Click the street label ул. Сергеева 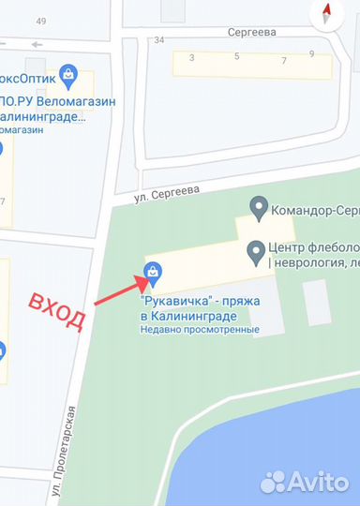pyautogui.click(x=166, y=190)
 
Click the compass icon pyautogui.click(x=328, y=14)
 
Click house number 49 pyautogui.click(x=40, y=21)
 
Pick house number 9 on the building pyautogui.click(x=311, y=54)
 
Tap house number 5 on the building pyautogui.click(x=236, y=57)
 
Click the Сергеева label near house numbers pyautogui.click(x=250, y=32)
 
